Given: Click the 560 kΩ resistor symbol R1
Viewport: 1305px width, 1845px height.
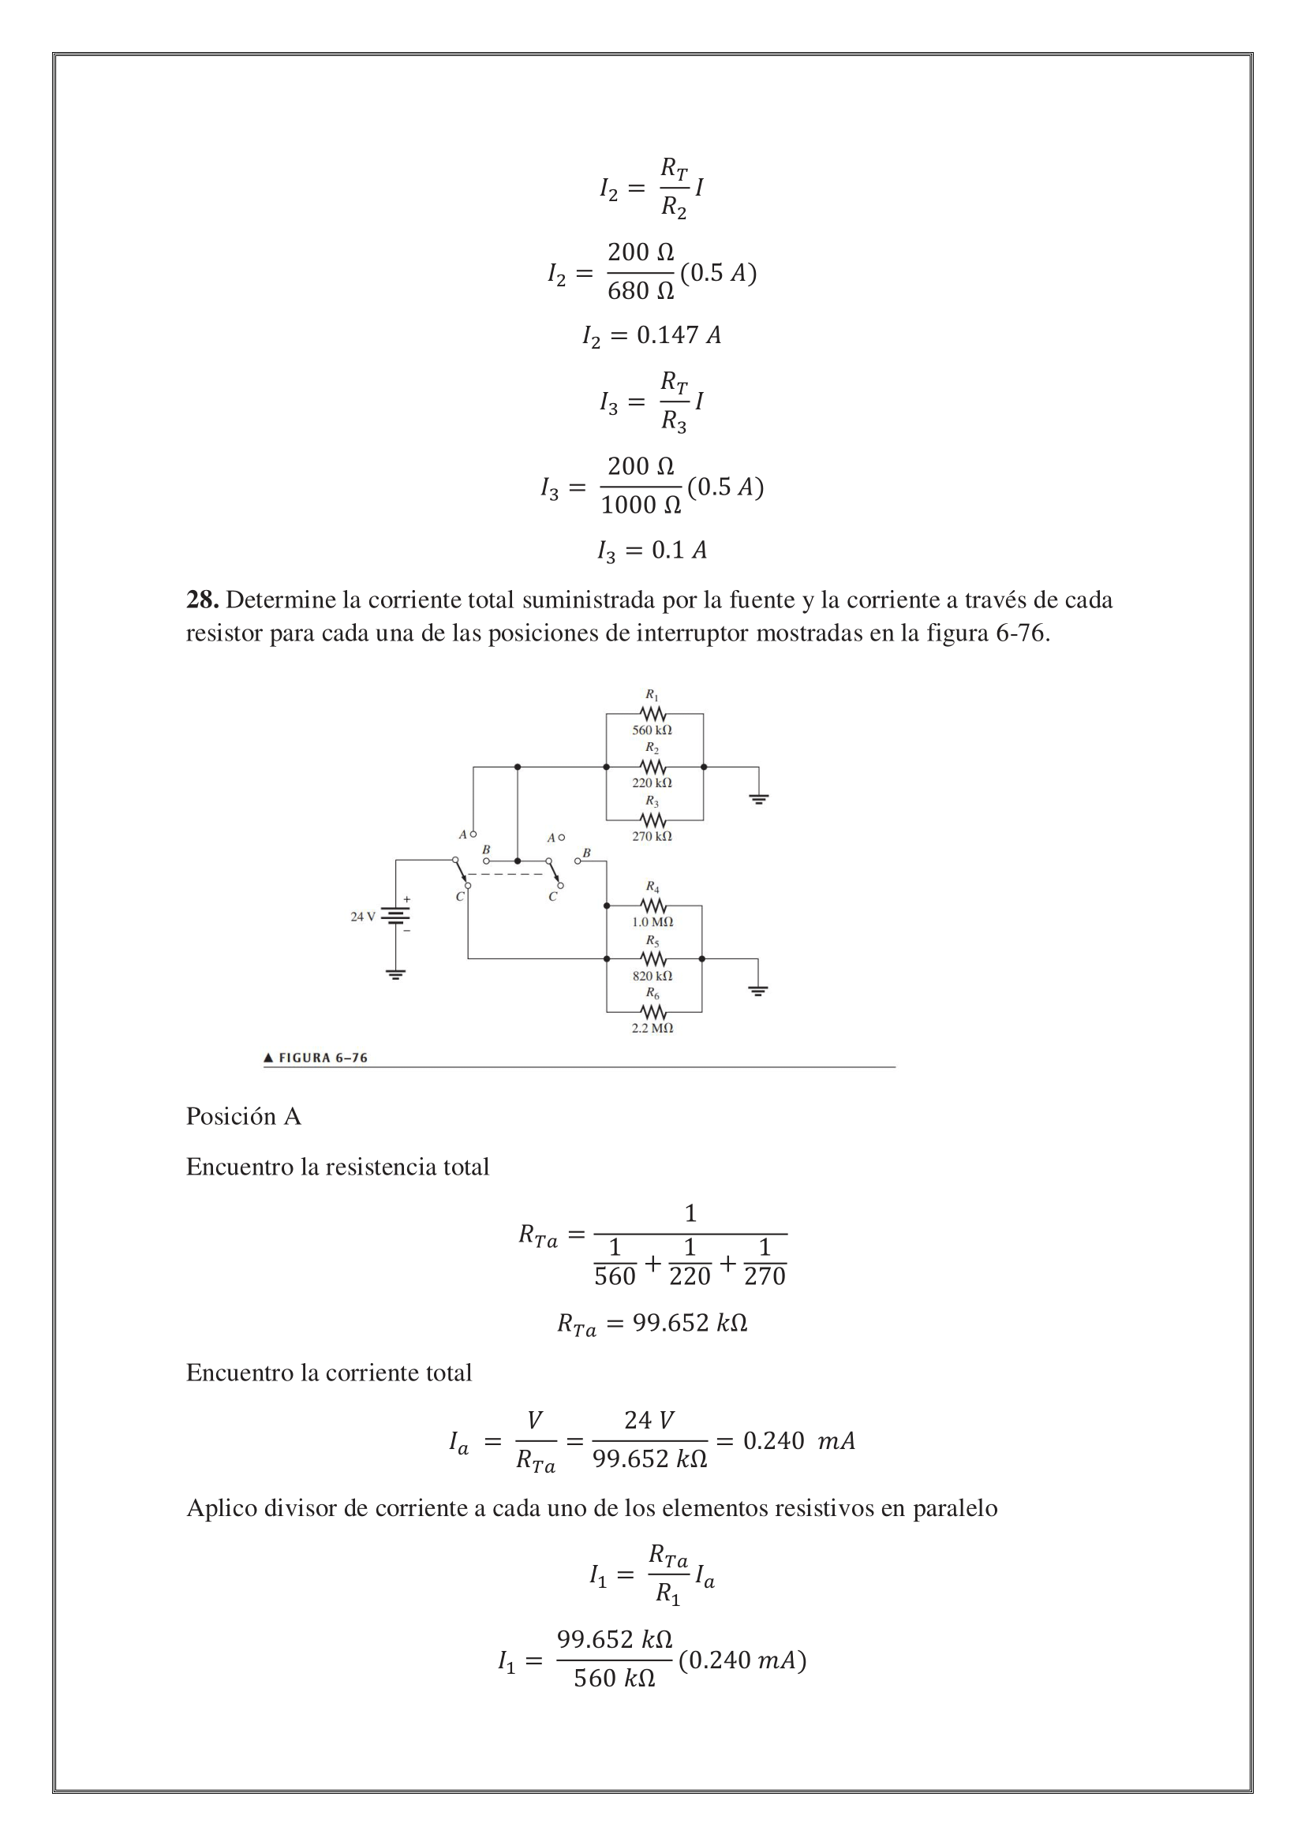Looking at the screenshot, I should (652, 713).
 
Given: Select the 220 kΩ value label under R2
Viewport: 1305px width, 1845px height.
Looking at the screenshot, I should (652, 782).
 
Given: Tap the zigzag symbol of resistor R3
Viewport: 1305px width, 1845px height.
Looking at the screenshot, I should (652, 820).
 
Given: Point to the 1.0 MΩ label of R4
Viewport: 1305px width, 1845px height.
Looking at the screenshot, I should (652, 921).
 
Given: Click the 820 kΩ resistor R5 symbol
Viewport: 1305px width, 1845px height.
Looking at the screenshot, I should (652, 958).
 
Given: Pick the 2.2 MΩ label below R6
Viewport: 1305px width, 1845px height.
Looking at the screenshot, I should (652, 1028).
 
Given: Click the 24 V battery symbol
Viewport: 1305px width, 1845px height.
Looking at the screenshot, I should (394, 915).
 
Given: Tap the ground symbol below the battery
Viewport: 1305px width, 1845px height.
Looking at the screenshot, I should (394, 975).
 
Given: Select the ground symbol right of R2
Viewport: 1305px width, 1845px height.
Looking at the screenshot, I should (757, 799).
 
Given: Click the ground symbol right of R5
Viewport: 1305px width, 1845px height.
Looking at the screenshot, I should (757, 991).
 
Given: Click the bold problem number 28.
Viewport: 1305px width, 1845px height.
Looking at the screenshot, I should (202, 599).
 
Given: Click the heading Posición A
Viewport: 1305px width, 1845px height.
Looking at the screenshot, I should (244, 1116).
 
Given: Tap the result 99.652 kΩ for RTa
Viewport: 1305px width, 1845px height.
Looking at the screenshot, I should (690, 1323).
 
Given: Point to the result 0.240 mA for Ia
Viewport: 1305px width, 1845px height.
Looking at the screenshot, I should (798, 1441).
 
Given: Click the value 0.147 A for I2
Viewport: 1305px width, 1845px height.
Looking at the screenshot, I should (679, 335).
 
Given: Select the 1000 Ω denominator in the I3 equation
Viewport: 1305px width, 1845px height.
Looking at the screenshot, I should (641, 506).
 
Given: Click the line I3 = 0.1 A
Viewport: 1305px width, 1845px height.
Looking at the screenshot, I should (652, 551).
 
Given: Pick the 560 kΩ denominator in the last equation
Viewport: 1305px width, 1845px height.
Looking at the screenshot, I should (615, 1679).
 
